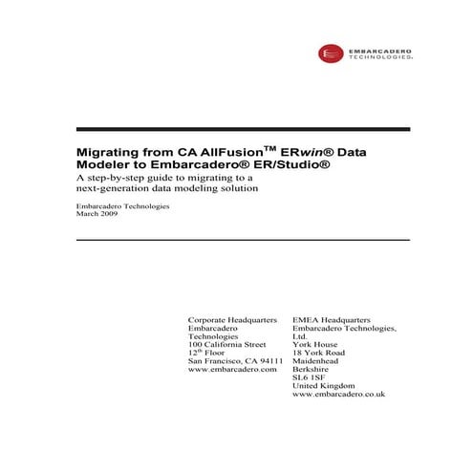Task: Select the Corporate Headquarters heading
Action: (x=232, y=320)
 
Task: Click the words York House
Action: (x=316, y=344)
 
